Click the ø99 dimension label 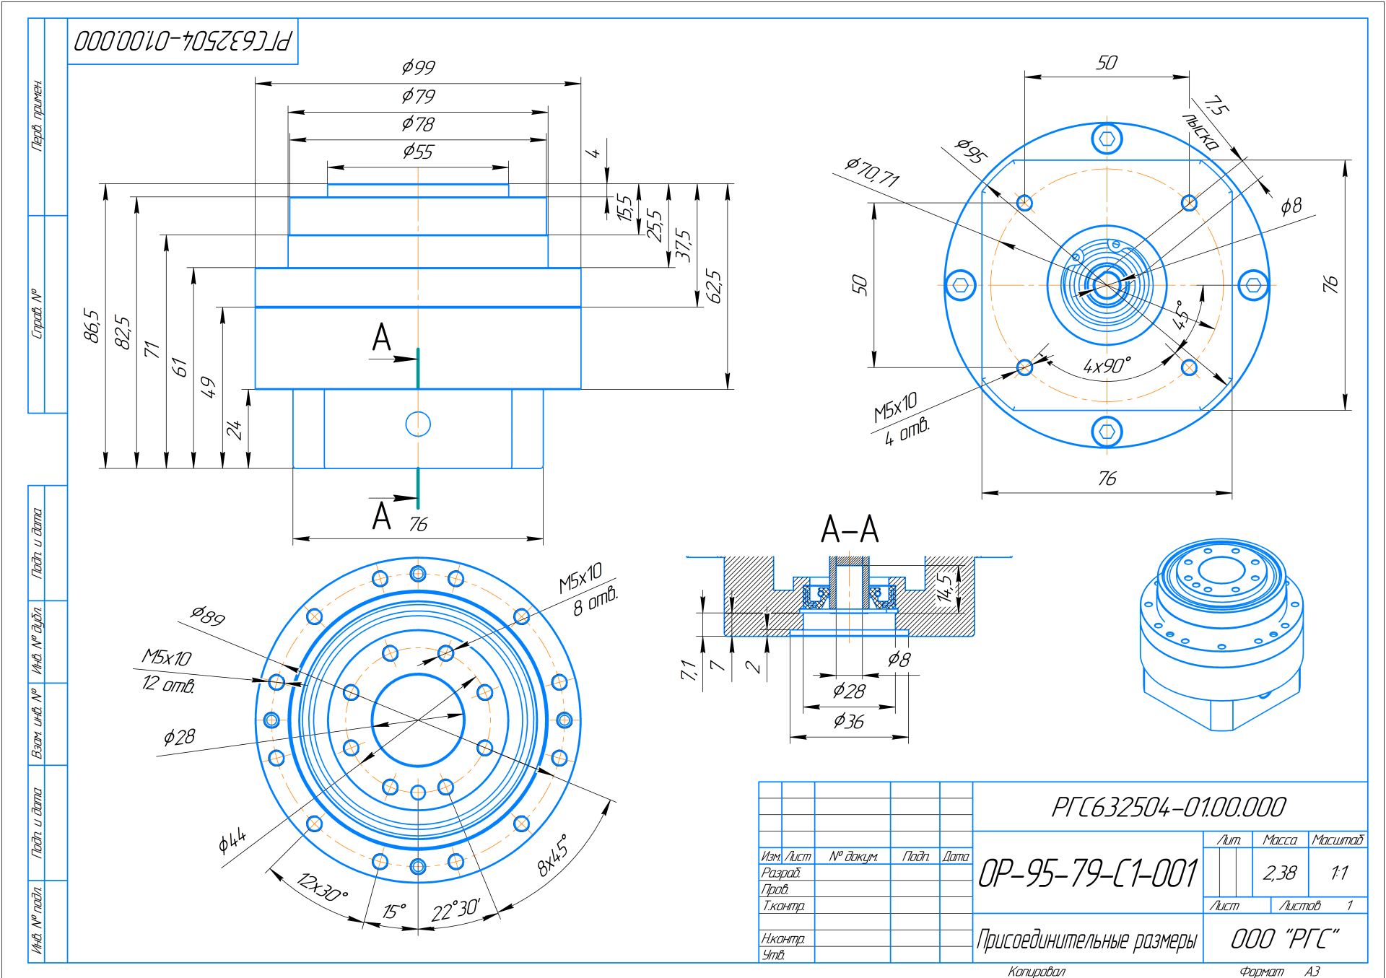[x=419, y=67]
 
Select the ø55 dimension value [x=419, y=152]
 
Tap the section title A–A [x=850, y=529]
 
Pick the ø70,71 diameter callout [x=872, y=172]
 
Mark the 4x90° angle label [x=1107, y=366]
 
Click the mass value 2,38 [x=1280, y=873]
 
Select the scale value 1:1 [x=1339, y=873]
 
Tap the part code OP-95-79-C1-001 [x=1088, y=873]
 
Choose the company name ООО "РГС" [x=1285, y=939]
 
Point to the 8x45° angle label [x=553, y=856]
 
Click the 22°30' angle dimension [x=456, y=910]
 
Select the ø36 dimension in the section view [x=849, y=721]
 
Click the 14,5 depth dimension [x=944, y=588]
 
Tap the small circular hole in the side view [x=418, y=424]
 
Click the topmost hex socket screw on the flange [x=1107, y=139]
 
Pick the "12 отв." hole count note [x=168, y=684]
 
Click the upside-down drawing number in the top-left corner [x=183, y=40]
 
